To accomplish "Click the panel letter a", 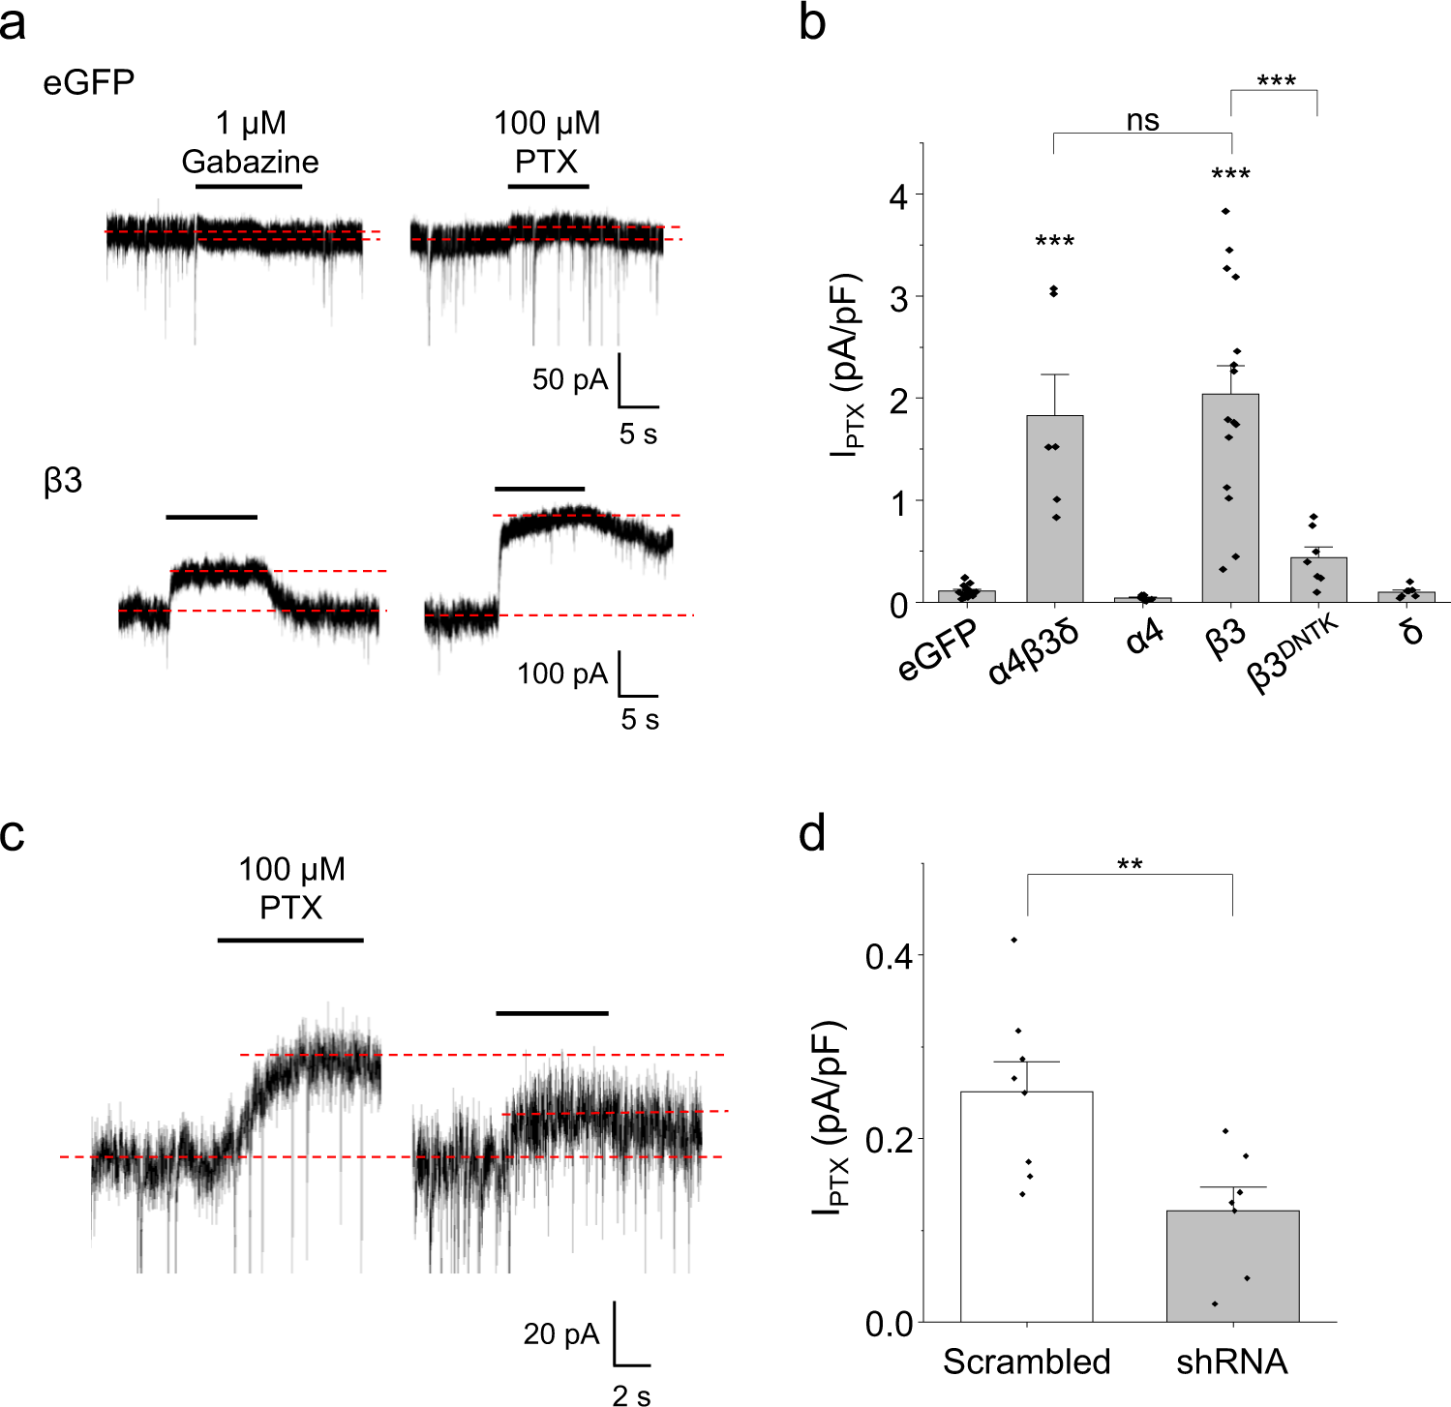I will click(13, 23).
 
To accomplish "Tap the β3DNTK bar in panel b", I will click(1317, 580).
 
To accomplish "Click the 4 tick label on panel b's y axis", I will click(898, 196).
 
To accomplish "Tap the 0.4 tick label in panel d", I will click(889, 957).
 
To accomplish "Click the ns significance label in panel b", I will click(1142, 120).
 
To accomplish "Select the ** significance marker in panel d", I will click(1130, 864).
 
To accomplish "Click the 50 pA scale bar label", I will click(569, 379).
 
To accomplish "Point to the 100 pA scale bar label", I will click(561, 674).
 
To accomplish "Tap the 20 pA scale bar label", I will click(561, 1334).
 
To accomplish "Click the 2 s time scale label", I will click(631, 1394).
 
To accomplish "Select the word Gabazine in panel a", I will click(250, 162).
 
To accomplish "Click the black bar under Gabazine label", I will click(249, 186).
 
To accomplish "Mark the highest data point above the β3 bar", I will click(1225, 211).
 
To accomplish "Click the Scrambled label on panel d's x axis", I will click(1026, 1362).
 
